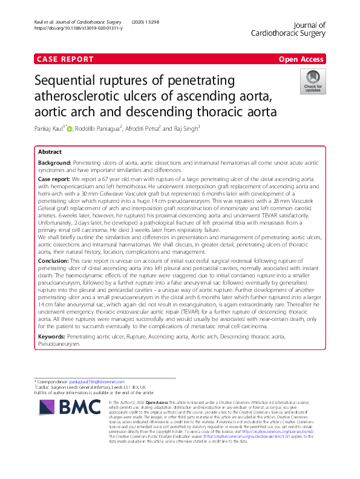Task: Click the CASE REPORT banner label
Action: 65,59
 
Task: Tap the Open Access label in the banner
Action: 302,59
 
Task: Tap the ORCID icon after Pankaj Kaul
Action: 70,129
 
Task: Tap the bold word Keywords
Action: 51,335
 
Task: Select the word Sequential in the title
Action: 71,81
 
